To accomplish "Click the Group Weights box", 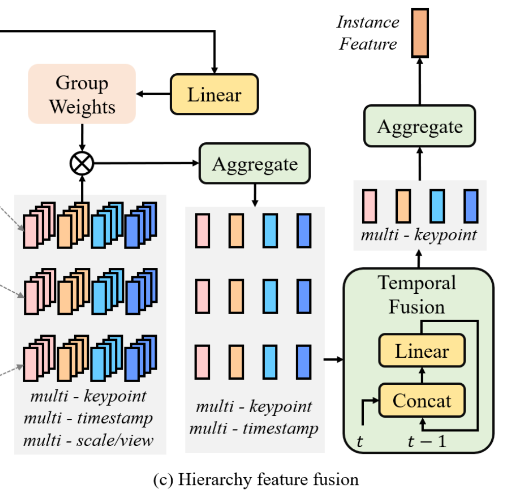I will pyautogui.click(x=82, y=94).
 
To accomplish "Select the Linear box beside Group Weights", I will pyautogui.click(x=214, y=95).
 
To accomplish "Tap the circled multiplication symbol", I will pyautogui.click(x=81, y=164).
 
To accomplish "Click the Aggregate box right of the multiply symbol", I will pyautogui.click(x=255, y=164).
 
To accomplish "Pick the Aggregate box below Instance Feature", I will pyautogui.click(x=420, y=126).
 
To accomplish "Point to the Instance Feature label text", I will pyautogui.click(x=368, y=33).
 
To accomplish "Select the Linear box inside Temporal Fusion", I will pyautogui.click(x=422, y=351).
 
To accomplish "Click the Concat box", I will pyautogui.click(x=422, y=400).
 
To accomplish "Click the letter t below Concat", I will pyautogui.click(x=360, y=441).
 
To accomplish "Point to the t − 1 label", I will pyautogui.click(x=427, y=441).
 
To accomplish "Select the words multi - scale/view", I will pyautogui.click(x=88, y=439).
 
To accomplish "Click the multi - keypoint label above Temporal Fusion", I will pyautogui.click(x=419, y=235).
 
